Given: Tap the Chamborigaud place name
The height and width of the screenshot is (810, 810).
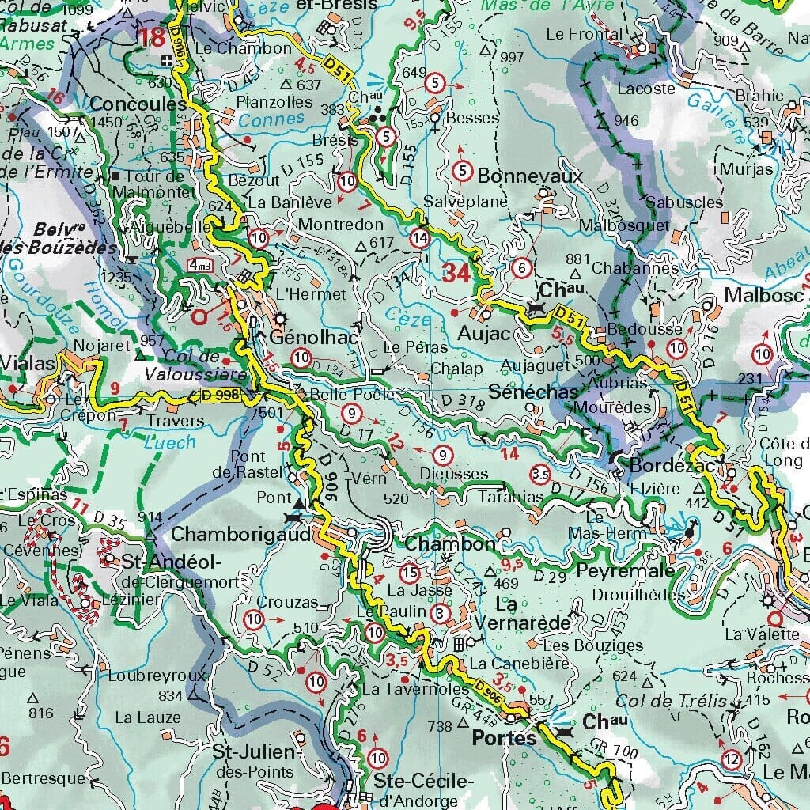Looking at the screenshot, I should click(x=229, y=534).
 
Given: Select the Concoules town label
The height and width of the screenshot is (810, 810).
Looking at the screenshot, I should click(x=138, y=104).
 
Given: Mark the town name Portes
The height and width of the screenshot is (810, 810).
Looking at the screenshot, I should click(x=503, y=738).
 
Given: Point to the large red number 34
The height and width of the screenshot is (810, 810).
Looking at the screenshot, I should click(x=456, y=274).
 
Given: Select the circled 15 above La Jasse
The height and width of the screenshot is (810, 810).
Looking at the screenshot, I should click(x=409, y=572).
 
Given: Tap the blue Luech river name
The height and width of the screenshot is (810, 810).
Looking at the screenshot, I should click(x=171, y=442).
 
